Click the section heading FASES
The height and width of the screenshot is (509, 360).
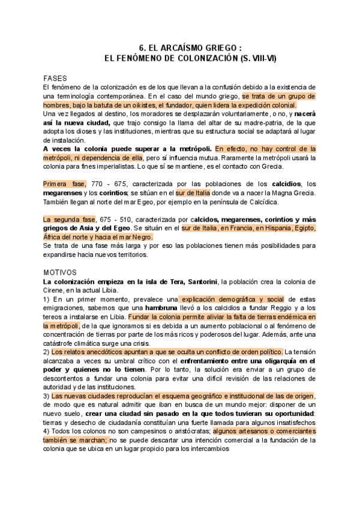click(x=55, y=79)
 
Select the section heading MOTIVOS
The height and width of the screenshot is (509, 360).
click(x=60, y=272)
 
